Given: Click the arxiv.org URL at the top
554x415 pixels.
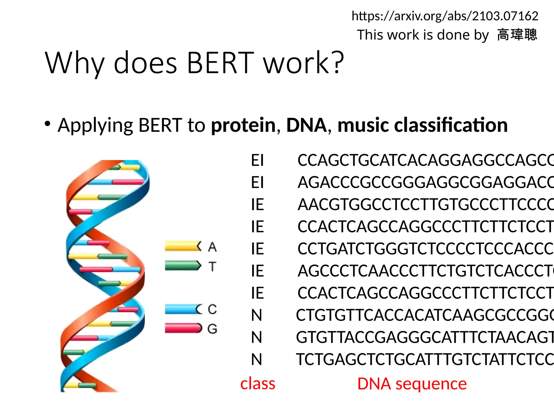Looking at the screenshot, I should (x=445, y=16).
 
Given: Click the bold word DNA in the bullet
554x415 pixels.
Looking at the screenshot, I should (x=306, y=125).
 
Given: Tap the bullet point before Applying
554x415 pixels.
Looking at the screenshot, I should (x=48, y=124).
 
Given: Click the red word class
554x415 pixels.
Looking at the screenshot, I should (x=258, y=384).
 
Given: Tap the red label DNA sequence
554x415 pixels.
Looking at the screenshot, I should (x=412, y=384).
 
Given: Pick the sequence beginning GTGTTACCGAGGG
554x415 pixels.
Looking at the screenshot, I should (x=425, y=337).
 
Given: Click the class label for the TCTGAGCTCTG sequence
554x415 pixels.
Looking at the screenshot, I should (x=256, y=360).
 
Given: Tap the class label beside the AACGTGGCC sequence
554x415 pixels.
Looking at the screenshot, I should (x=257, y=205).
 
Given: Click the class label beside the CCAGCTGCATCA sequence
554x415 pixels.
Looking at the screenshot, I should (x=257, y=160).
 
